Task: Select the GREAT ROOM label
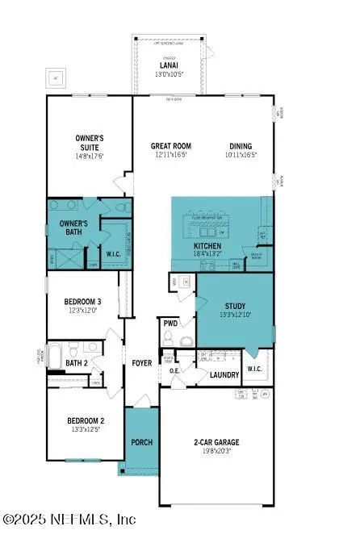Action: [x=171, y=147]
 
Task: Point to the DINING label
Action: [x=241, y=147]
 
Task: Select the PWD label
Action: [x=170, y=324]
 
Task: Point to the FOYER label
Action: [x=142, y=363]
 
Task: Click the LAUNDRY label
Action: [x=224, y=374]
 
